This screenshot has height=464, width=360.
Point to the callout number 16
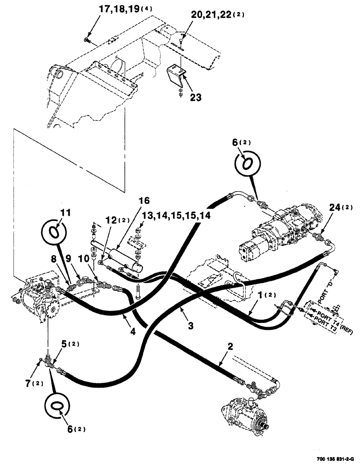[x=143, y=201]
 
